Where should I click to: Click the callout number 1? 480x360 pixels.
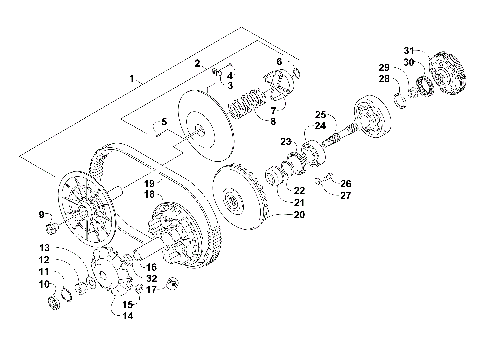point(130,77)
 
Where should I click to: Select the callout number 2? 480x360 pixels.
point(198,64)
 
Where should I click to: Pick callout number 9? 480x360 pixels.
point(41,214)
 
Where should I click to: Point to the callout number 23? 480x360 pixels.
point(285,142)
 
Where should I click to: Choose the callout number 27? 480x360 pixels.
point(346,195)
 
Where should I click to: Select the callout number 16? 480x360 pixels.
point(151,267)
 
